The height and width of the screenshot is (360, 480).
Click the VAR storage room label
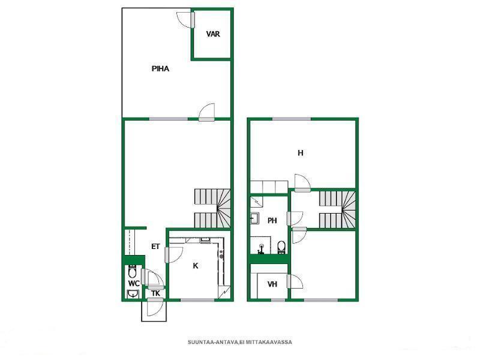pyautogui.click(x=213, y=34)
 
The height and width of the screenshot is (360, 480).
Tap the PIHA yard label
pyautogui.click(x=160, y=69)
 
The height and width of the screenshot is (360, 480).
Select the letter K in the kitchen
pyautogui.click(x=196, y=266)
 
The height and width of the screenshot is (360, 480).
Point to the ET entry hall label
pyautogui.click(x=155, y=247)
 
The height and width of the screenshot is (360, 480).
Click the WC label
pyautogui.click(x=134, y=283)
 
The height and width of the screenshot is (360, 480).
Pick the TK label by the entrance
pyautogui.click(x=155, y=293)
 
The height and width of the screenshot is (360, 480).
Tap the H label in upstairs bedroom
pyautogui.click(x=301, y=153)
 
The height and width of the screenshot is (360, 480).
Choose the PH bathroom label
pyautogui.click(x=272, y=220)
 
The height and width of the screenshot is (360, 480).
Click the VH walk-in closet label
pyautogui.click(x=272, y=284)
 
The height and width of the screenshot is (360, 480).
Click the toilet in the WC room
pyautogui.click(x=132, y=271)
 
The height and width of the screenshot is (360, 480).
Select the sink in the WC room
pyautogui.click(x=133, y=294)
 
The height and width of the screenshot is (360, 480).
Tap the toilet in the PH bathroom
pyautogui.click(x=281, y=247)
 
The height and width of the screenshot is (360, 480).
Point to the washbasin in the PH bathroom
pyautogui.click(x=254, y=218)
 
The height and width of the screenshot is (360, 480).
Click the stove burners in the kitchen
pyautogui.click(x=221, y=254)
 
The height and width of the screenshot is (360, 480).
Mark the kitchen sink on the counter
pyautogui.click(x=205, y=241)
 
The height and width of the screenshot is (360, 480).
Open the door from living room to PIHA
pyautogui.click(x=206, y=112)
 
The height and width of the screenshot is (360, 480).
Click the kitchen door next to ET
pyautogui.click(x=173, y=254)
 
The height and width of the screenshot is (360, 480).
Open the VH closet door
pyautogui.click(x=295, y=281)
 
